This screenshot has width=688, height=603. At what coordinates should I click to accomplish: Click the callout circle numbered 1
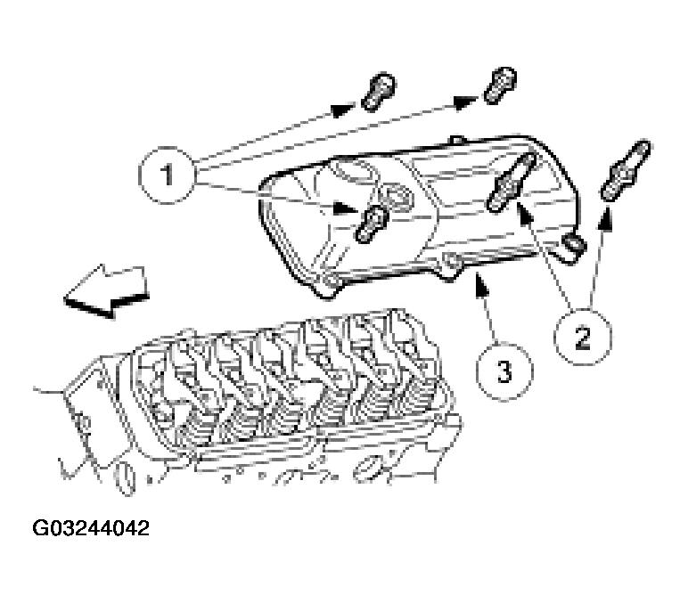(166, 175)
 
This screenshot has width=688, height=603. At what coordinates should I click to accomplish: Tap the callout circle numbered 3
(504, 369)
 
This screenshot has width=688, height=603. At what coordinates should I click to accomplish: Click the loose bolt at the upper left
(379, 91)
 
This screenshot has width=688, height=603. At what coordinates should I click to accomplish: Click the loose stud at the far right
(627, 169)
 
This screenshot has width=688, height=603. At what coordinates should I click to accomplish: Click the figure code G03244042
(91, 528)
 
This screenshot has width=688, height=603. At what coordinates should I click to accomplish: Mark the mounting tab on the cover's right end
(574, 245)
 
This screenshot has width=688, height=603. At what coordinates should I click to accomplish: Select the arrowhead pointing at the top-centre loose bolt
(466, 102)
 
